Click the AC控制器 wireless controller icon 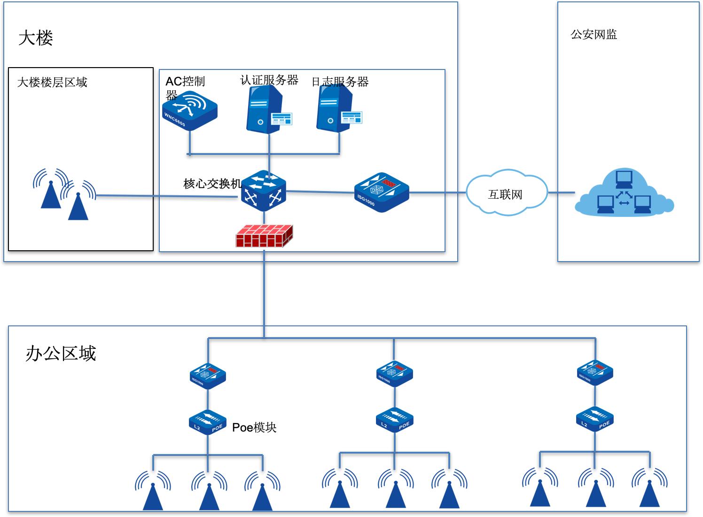coord(190,111)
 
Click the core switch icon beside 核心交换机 coord(264,191)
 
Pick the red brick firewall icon coord(264,236)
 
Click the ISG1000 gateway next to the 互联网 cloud coord(381,193)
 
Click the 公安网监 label coord(594,35)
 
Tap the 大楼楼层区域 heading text coord(52,83)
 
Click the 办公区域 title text coord(61,353)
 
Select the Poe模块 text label coord(254,427)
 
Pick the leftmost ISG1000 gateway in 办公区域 coord(208,375)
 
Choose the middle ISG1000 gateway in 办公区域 coord(395,374)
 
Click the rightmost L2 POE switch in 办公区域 coord(595,419)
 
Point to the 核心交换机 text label coord(212,184)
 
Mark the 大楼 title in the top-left coord(36,38)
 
